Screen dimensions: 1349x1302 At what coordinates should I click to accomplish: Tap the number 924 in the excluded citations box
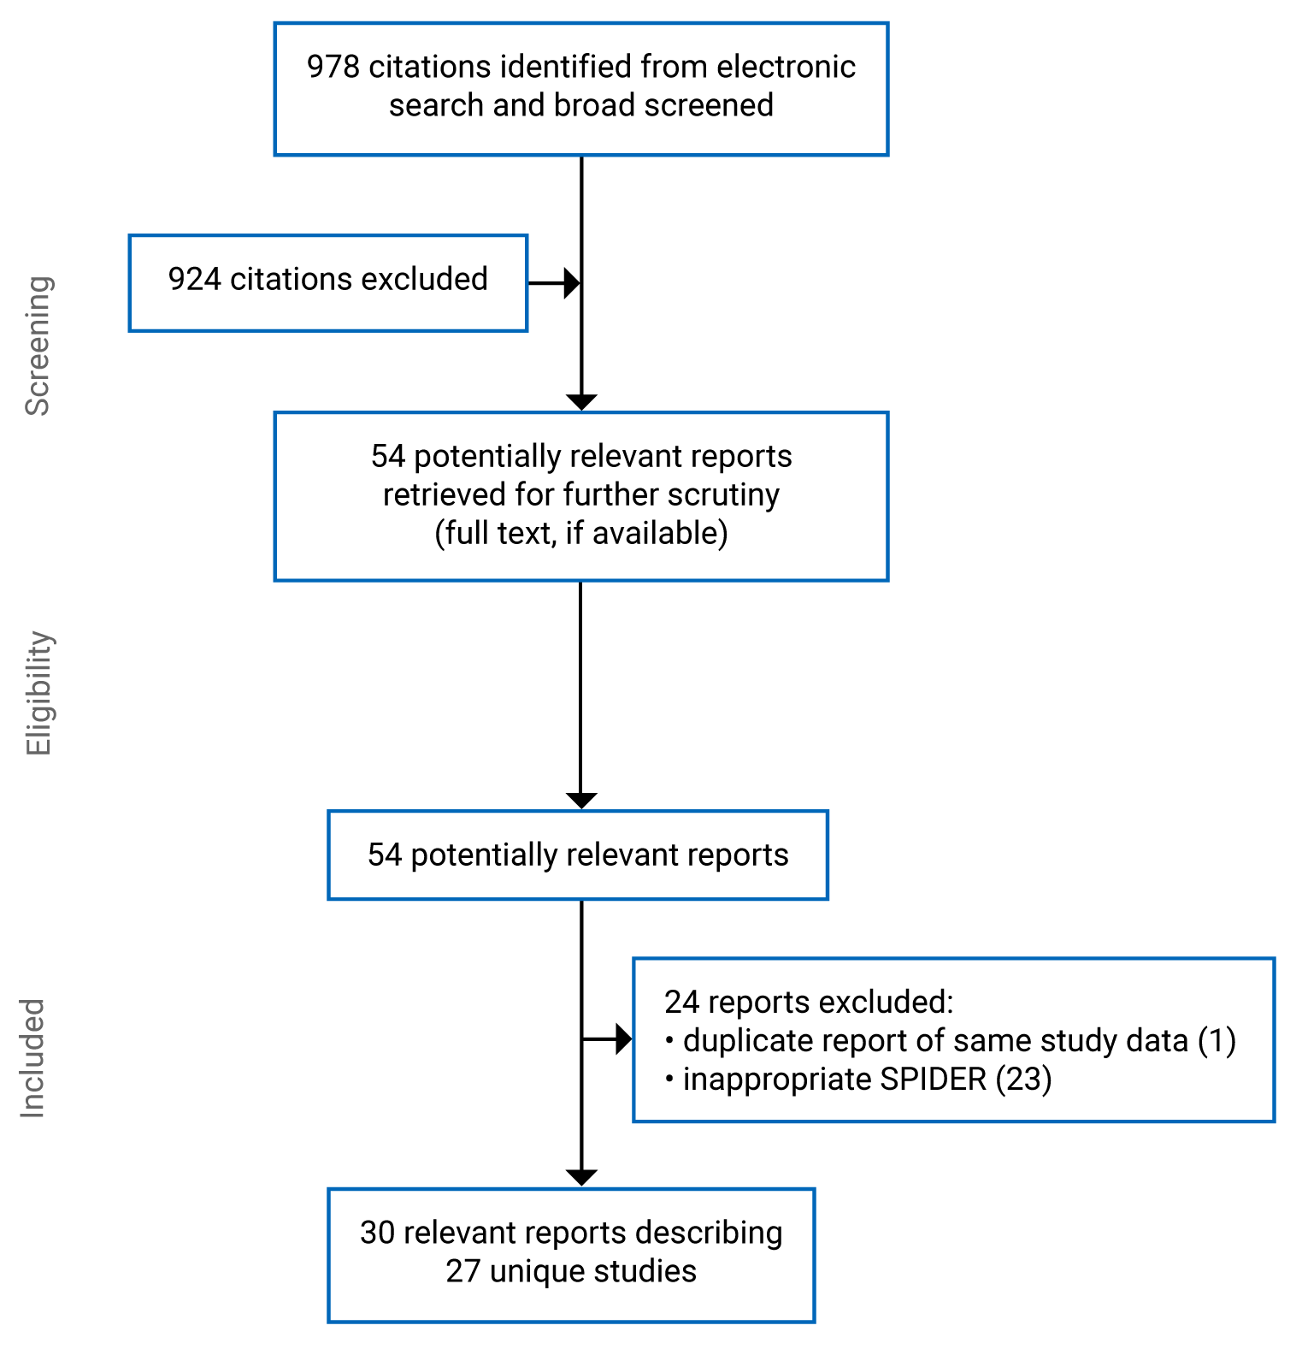[194, 280]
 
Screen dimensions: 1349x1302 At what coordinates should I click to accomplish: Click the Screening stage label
[38, 346]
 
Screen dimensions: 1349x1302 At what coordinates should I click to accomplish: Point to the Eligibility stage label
[38, 693]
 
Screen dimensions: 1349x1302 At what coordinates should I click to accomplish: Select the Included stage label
[32, 1057]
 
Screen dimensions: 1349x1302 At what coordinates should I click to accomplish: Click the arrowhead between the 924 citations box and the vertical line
[572, 283]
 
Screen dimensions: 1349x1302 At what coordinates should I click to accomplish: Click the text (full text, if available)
[581, 533]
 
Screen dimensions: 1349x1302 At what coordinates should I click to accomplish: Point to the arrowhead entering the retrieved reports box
[581, 402]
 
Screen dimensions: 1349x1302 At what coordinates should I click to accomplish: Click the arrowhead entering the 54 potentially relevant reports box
[581, 801]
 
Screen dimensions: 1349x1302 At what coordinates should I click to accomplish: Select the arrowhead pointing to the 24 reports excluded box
[623, 1039]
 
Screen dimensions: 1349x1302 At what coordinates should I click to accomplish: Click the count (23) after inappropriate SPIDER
[1023, 1080]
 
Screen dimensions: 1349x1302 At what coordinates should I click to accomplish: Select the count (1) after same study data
[1217, 1041]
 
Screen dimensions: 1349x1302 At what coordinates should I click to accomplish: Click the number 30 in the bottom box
[377, 1233]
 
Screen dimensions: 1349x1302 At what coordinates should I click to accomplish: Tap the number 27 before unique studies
[463, 1272]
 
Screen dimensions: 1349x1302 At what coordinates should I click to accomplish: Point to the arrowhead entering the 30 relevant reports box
[581, 1178]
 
